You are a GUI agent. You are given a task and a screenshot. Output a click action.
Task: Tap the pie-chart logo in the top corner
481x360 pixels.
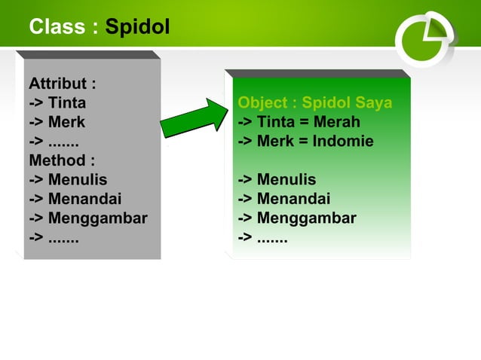pyautogui.click(x=425, y=38)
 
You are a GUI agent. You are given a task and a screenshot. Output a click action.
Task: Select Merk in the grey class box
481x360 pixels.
pyautogui.click(x=66, y=122)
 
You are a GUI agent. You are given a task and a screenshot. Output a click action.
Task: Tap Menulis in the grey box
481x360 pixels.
pyautogui.click(x=77, y=180)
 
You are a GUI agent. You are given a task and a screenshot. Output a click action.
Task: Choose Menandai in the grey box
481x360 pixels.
pyautogui.click(x=84, y=200)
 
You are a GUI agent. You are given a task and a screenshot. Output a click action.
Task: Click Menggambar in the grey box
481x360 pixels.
pyautogui.click(x=97, y=219)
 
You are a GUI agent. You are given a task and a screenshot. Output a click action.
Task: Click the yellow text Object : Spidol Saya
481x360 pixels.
pyautogui.click(x=314, y=102)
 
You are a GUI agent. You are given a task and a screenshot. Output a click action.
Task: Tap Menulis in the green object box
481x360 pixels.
pyautogui.click(x=286, y=180)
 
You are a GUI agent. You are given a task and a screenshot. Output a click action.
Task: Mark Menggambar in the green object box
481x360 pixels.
pyautogui.click(x=306, y=219)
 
